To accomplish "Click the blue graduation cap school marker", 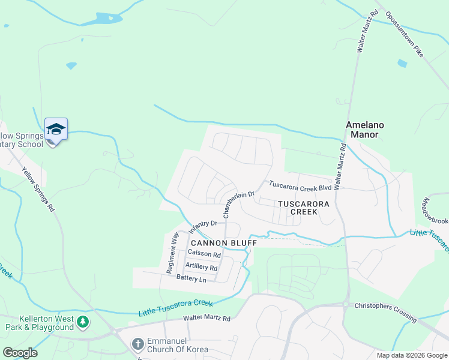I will (56, 129).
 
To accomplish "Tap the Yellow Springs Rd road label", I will (39, 189).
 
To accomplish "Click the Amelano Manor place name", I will (365, 130).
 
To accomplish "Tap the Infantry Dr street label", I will (202, 227).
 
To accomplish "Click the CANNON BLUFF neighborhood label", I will (224, 243).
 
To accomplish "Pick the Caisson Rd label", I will (204, 254).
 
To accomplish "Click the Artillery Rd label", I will (201, 266).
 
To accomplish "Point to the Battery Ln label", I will (191, 280).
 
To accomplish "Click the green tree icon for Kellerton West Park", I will (83, 323).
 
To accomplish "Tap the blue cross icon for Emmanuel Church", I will (137, 344).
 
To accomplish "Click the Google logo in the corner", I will (20, 353).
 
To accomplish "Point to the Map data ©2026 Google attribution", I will (411, 355).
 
